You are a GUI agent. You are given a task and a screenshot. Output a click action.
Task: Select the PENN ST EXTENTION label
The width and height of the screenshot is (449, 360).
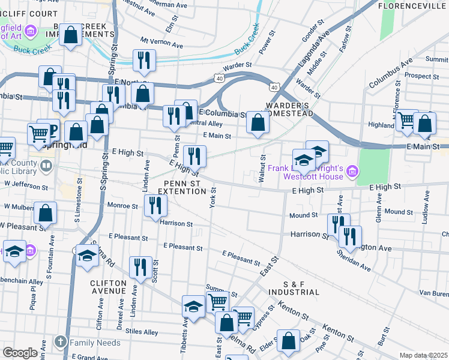tap(181, 187)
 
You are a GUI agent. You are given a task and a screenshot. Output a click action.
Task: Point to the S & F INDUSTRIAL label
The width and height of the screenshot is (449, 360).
tap(294, 287)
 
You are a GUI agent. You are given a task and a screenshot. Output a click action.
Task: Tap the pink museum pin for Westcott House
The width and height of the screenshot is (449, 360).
tap(352, 172)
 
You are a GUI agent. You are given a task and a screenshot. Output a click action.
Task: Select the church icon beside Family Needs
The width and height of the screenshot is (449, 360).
tap(60, 342)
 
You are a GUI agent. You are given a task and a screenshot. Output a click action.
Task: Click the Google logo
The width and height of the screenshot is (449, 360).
tap(20, 353)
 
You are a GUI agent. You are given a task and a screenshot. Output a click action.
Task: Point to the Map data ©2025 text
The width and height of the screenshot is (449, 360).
tap(423, 355)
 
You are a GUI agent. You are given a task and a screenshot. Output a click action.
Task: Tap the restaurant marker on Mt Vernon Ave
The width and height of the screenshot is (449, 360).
tap(144, 60)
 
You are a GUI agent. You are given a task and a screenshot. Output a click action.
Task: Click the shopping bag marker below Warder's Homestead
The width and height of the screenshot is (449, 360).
tap(258, 124)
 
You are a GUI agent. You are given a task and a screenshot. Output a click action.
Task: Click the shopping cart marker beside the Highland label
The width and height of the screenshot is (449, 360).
tap(408, 120)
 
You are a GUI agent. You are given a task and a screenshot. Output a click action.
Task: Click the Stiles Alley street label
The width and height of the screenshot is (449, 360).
tap(142, 332)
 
